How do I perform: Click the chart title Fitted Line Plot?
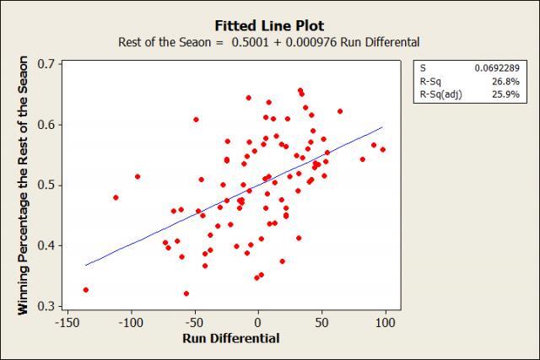coord(270,25)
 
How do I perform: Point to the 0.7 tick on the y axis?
coord(49,64)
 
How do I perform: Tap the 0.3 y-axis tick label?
coord(49,306)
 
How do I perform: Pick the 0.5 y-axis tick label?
coord(49,185)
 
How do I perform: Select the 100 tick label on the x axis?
coord(386,324)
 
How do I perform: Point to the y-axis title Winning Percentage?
coord(24,185)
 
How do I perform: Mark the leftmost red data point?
coord(85,289)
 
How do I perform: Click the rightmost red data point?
coord(382,149)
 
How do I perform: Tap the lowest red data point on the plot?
coord(186,293)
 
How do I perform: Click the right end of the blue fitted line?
coord(382,128)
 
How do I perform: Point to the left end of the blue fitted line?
coord(85,265)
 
